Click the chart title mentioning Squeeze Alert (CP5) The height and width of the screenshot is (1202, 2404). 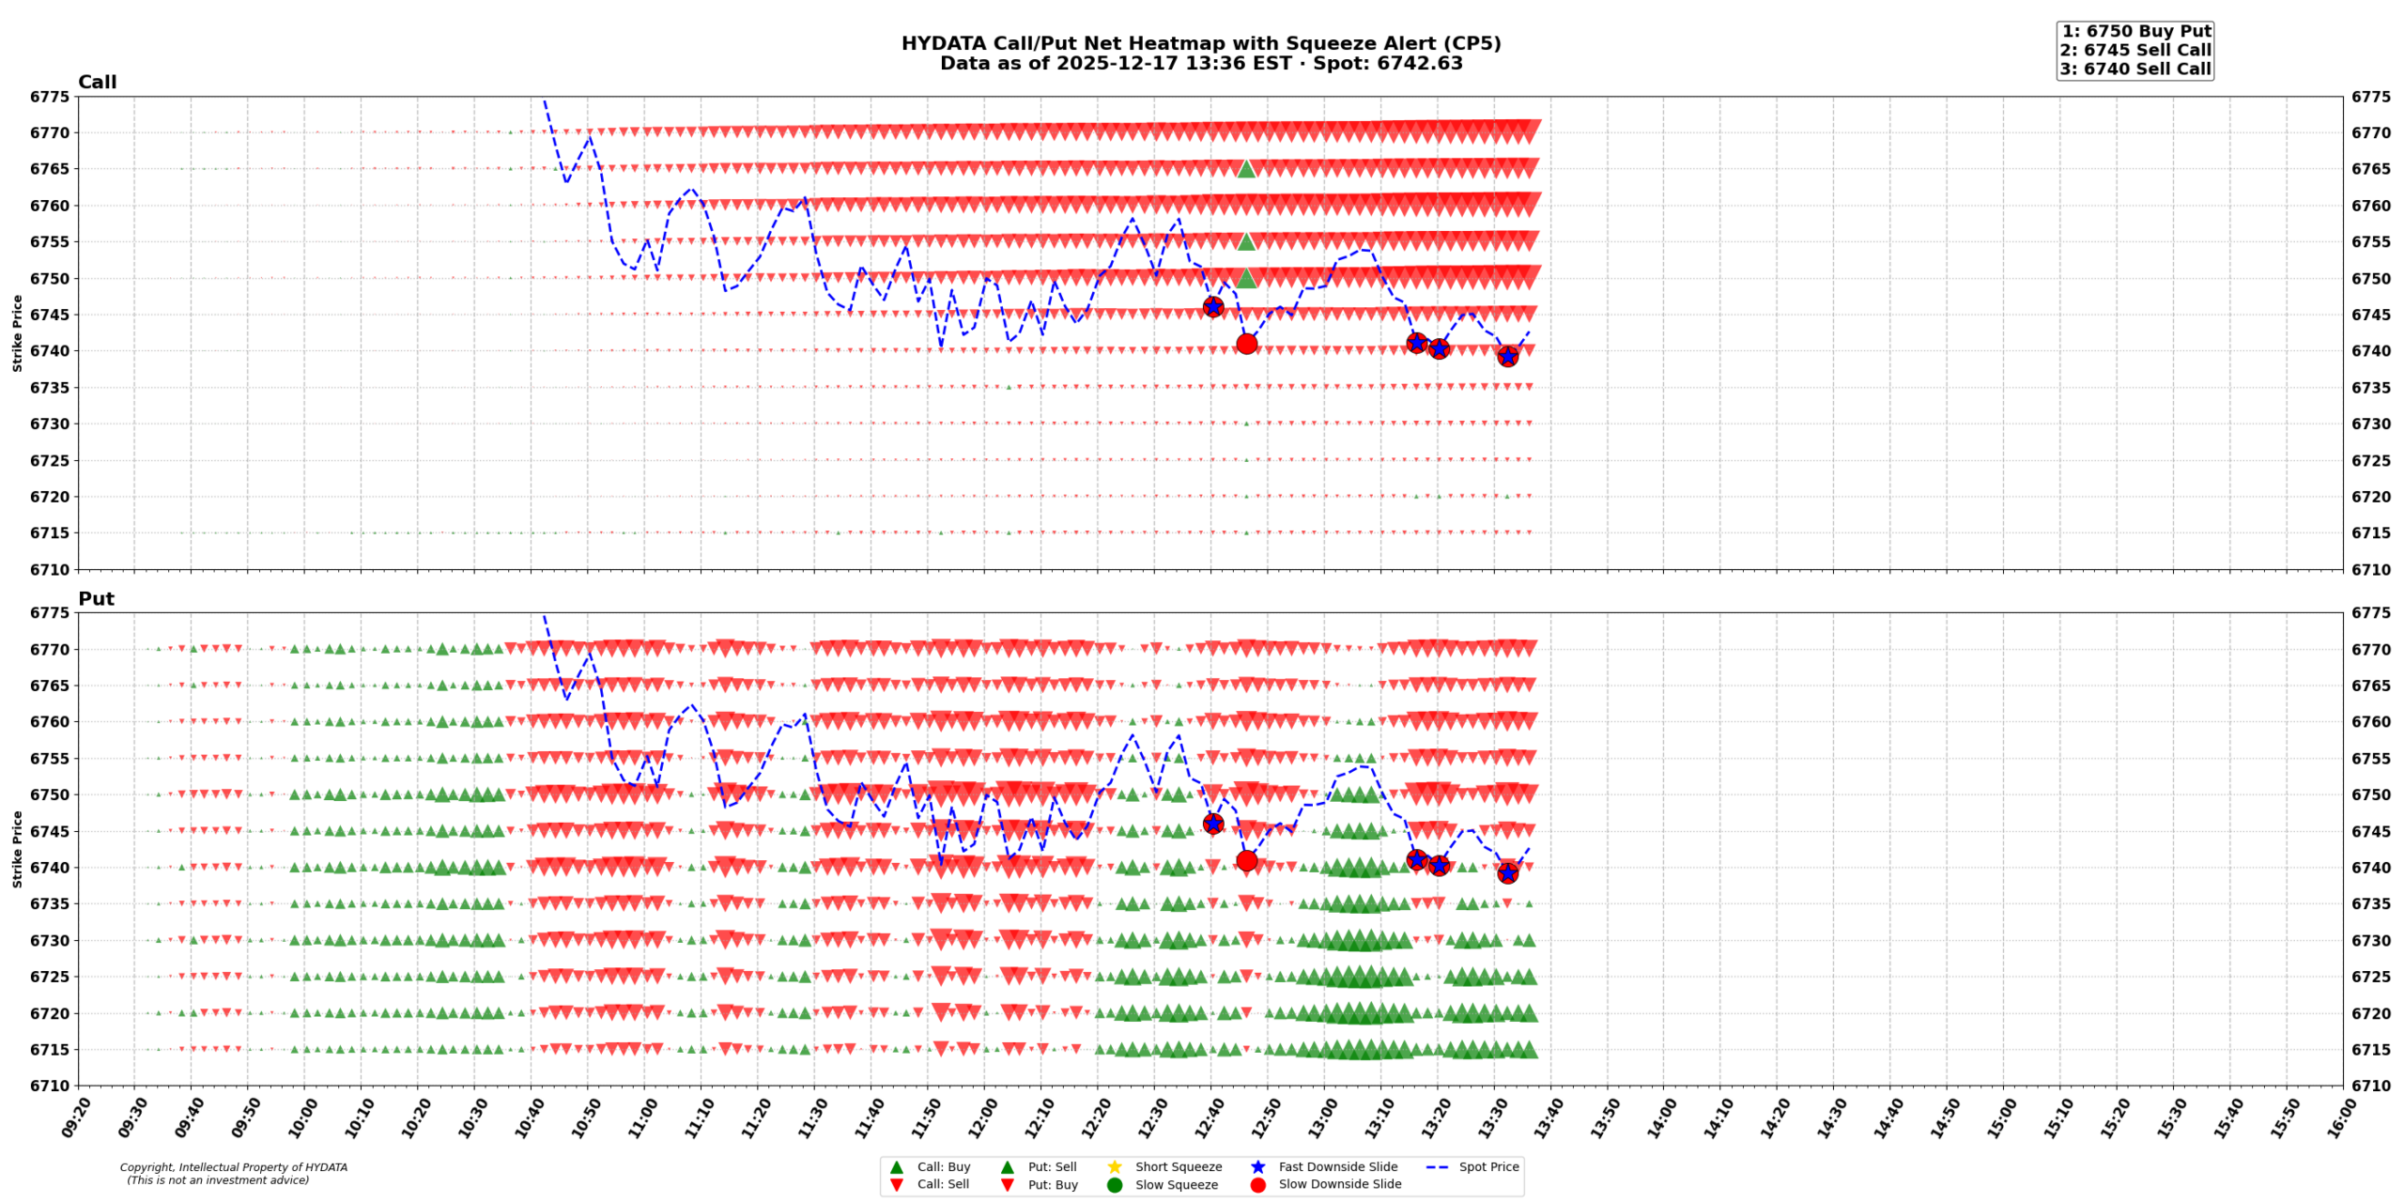[x=1200, y=43]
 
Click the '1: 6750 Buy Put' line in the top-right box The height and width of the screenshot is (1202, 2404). [x=2135, y=31]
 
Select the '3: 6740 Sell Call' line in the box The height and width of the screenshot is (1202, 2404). [x=2135, y=69]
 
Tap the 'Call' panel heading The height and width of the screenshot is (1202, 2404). [x=97, y=82]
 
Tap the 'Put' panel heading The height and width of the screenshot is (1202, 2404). [x=96, y=598]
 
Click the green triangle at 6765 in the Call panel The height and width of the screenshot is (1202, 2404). [x=1246, y=169]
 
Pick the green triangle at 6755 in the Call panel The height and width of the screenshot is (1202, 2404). [x=1246, y=241]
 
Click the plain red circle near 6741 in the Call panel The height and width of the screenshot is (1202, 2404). [x=1246, y=344]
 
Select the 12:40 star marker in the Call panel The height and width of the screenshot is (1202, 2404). [x=1212, y=306]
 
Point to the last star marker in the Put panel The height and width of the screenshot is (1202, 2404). [x=1507, y=873]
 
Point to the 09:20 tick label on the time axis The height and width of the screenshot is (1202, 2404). [x=78, y=1118]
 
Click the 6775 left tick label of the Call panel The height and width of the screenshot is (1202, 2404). [x=49, y=97]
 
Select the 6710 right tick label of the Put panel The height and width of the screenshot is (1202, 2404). [x=2370, y=1086]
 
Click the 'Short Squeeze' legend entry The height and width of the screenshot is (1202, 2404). [x=1178, y=1166]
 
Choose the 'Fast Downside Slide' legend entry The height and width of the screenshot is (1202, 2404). [x=1337, y=1166]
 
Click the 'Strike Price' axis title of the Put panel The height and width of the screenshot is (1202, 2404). [x=17, y=849]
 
